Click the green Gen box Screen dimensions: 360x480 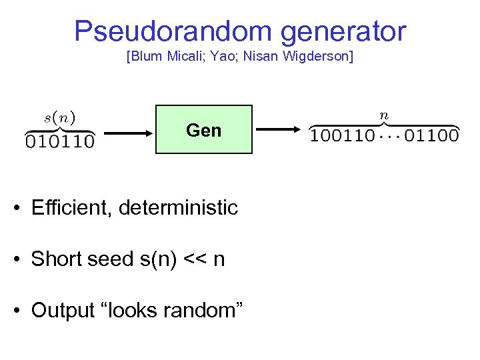[204, 129]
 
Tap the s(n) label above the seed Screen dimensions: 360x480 [59, 118]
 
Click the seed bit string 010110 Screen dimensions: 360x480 [59, 141]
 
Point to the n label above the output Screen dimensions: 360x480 [384, 115]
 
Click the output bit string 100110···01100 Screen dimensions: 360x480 [384, 136]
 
